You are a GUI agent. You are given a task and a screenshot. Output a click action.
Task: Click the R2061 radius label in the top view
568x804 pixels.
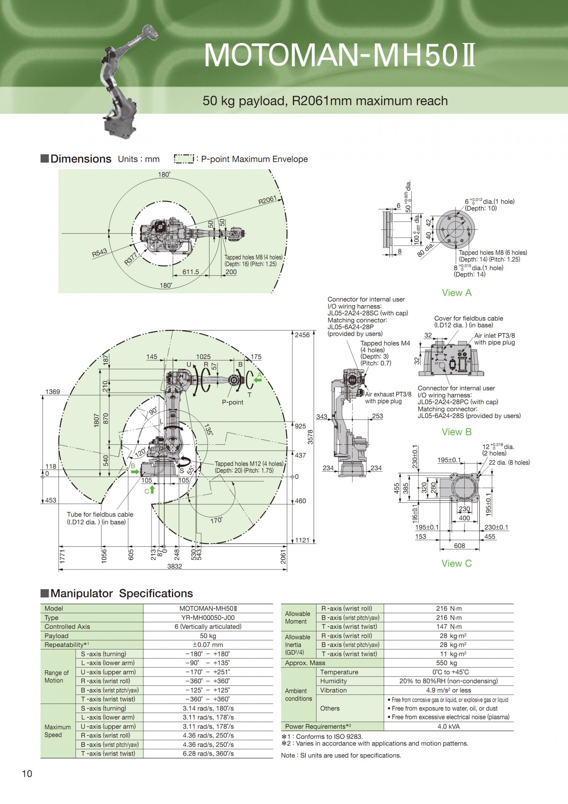(x=267, y=201)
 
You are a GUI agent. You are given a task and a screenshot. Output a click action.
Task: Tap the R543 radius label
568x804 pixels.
(x=100, y=253)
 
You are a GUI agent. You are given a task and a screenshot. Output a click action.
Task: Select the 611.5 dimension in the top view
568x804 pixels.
(x=191, y=272)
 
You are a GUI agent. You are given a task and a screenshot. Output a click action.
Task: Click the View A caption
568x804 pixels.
(x=457, y=293)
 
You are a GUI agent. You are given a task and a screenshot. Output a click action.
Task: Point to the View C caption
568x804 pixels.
(x=457, y=563)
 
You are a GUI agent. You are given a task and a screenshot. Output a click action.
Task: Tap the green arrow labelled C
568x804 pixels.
(x=152, y=490)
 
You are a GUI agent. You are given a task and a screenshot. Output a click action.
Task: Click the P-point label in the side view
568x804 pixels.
(x=233, y=402)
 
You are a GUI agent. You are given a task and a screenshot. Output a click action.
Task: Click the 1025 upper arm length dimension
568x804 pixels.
(x=203, y=357)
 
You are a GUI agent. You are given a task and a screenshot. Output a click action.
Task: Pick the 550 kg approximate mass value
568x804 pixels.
(x=449, y=663)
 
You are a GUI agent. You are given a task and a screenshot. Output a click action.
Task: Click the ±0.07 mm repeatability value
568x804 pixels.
(x=208, y=645)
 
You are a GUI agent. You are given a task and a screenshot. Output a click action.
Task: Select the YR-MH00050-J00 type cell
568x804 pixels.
(x=208, y=618)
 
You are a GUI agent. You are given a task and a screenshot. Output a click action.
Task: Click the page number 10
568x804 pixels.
(x=27, y=774)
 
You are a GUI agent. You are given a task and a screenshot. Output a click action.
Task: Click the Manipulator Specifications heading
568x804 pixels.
(x=122, y=594)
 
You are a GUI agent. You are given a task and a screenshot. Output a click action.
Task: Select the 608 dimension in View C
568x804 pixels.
(x=459, y=546)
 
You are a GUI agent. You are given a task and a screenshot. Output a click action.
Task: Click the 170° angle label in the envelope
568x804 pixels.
(x=216, y=520)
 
